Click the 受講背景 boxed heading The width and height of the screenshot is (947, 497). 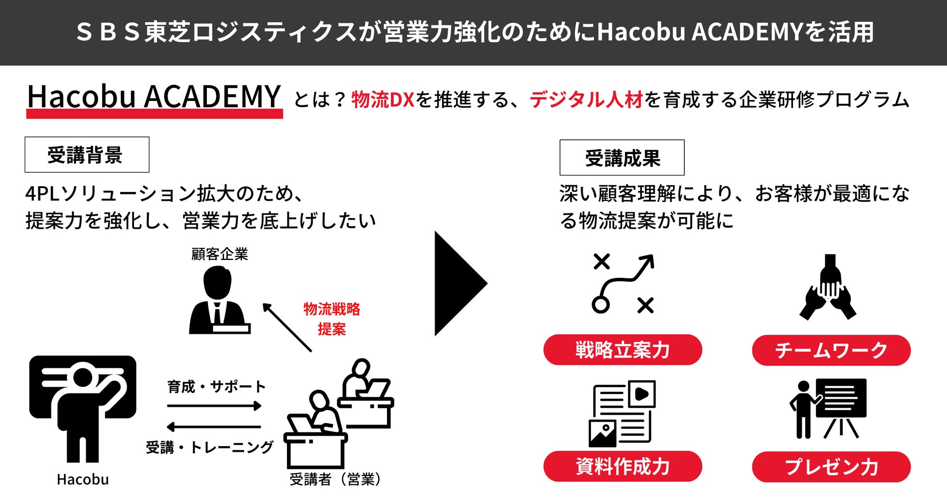pos(87,154)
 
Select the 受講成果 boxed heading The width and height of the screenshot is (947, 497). pos(622,157)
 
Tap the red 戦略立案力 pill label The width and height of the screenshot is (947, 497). pos(623,350)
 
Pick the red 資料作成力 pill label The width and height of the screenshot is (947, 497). pos(623,466)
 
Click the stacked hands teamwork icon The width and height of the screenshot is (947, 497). pos(828,288)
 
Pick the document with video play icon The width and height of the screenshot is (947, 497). pos(622,413)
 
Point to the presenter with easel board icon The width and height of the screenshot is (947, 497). pos(828,409)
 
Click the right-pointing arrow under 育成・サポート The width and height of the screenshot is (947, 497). pos(214,406)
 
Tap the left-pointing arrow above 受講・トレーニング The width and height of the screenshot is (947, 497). pos(214,427)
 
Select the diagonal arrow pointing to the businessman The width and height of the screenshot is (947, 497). pos(287,327)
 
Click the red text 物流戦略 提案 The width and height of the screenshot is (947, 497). pos(332,319)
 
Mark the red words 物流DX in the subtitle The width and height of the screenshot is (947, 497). pos(383,100)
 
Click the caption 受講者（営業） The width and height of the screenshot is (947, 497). pos(335,480)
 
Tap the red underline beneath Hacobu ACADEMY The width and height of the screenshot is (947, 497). pos(154,114)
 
